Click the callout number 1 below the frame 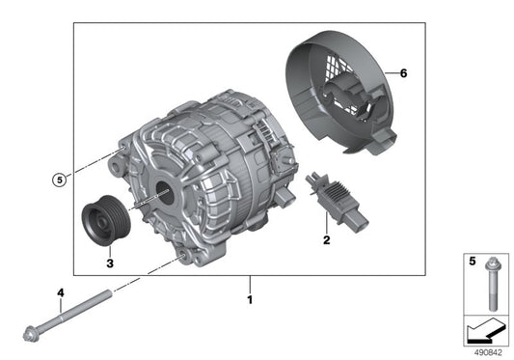pos(250,300)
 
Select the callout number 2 pos(326,240)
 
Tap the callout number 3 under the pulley pos(109,262)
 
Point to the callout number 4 pos(60,292)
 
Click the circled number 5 pos(61,179)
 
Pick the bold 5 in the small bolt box pos(472,261)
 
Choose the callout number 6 pos(404,73)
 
